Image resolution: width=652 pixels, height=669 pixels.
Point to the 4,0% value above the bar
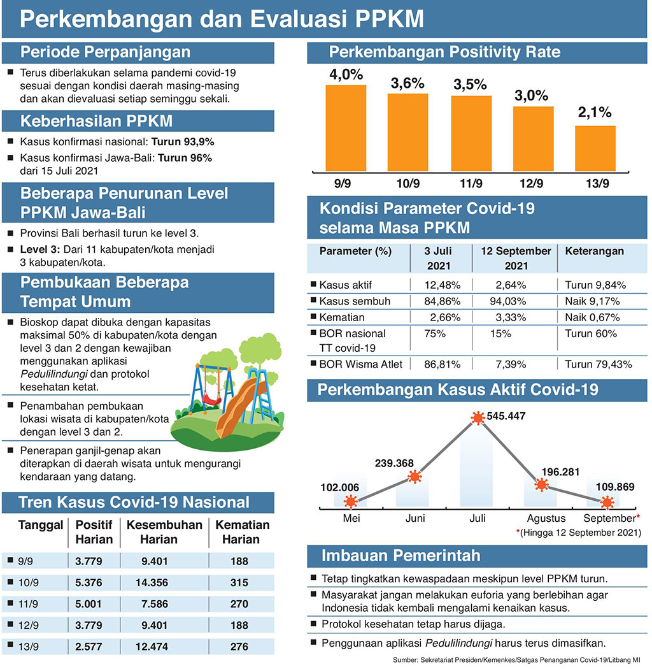pyautogui.click(x=346, y=75)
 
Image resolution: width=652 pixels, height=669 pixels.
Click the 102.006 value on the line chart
pyautogui.click(x=339, y=487)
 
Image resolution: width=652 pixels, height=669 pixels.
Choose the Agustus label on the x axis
pyautogui.click(x=541, y=518)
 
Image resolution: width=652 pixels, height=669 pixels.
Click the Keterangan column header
pyautogui.click(x=595, y=251)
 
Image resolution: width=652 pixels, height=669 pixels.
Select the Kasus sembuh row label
pyautogui.click(x=354, y=301)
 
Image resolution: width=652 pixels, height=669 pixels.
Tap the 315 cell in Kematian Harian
pyautogui.click(x=239, y=582)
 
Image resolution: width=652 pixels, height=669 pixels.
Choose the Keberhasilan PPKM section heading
pyautogui.click(x=96, y=120)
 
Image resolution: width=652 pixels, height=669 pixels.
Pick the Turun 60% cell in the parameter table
pyautogui.click(x=590, y=333)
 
